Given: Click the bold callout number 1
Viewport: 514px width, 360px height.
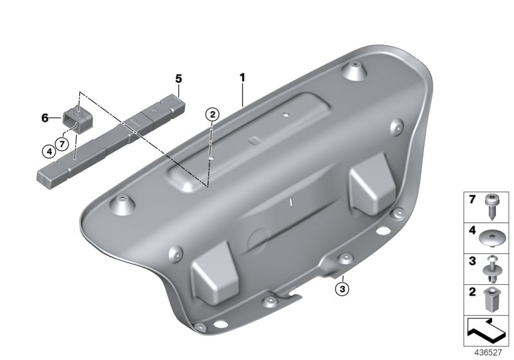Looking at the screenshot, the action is point(242,78).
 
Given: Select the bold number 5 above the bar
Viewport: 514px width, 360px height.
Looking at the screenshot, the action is point(179,78).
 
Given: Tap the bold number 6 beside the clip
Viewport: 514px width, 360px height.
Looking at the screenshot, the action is point(45,118).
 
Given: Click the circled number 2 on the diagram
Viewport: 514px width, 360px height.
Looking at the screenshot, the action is point(212,114).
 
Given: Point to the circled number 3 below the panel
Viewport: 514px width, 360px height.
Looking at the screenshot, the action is point(342,289).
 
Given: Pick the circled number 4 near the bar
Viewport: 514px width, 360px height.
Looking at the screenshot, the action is point(49,152).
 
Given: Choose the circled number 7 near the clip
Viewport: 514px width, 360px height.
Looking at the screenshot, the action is point(62,143).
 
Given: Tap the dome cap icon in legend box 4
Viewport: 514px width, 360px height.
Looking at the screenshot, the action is point(491,238).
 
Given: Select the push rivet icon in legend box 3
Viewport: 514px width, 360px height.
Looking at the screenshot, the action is point(490,269).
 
